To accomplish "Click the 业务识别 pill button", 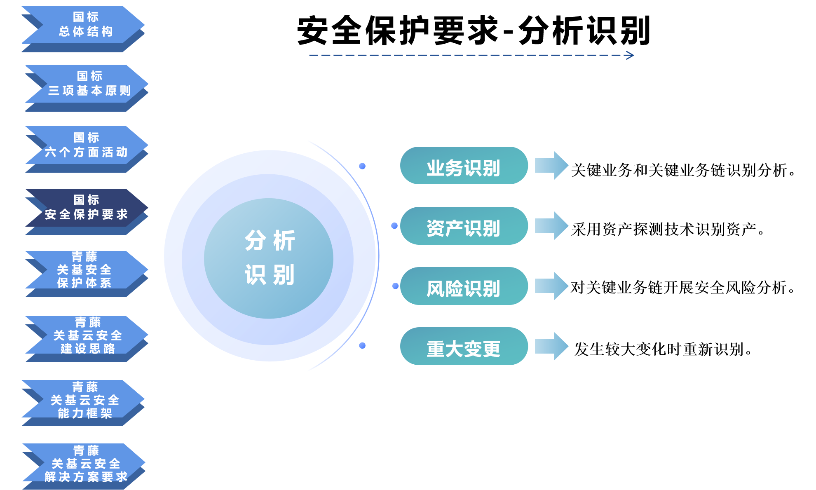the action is (464, 166).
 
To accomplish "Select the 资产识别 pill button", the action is (464, 226).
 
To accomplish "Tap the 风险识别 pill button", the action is (464, 286).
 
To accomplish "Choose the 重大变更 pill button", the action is (464, 346).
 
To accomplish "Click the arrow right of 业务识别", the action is (551, 166).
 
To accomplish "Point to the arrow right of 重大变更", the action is (551, 346).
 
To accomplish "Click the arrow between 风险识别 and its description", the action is (551, 286).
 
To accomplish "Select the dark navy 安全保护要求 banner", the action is (87, 211).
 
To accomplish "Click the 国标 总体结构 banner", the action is (83, 29).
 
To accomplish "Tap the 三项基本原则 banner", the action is (87, 88).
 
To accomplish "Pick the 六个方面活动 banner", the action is (87, 149).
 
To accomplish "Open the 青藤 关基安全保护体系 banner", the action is (87, 274).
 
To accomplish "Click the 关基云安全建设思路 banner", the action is (87, 339).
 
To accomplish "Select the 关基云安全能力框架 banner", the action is (83, 403).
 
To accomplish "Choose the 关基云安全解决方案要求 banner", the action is (84, 466).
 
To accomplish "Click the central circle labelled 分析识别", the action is (269, 258).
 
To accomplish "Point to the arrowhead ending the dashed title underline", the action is (631, 55).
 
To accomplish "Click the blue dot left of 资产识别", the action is (394, 226).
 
